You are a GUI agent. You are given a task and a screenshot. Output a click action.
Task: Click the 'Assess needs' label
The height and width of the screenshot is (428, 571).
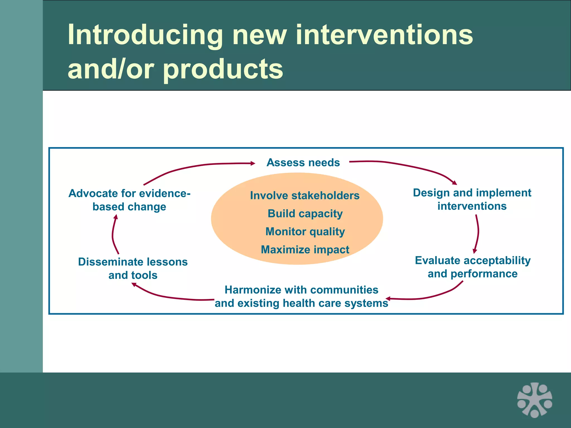303,162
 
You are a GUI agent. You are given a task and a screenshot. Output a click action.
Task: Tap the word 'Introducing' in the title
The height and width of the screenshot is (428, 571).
145,35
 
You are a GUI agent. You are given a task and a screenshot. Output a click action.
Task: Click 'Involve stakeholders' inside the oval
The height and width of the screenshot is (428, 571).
305,196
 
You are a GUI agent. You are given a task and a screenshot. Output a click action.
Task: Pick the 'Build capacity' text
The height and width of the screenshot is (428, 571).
305,214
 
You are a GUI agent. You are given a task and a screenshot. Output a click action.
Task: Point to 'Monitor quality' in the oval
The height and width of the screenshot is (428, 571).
305,232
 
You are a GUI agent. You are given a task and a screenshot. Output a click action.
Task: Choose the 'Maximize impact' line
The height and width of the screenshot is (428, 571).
305,250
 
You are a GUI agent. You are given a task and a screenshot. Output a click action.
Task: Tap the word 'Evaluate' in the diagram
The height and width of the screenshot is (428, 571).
437,261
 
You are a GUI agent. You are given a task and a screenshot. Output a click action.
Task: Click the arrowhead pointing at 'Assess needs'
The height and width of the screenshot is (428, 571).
253,163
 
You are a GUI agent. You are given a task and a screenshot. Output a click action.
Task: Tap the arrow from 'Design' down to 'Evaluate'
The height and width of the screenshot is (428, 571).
478,233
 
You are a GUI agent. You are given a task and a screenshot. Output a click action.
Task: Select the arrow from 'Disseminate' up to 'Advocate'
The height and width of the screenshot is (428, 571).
113,234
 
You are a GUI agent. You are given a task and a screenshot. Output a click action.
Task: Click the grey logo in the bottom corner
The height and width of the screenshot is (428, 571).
534,400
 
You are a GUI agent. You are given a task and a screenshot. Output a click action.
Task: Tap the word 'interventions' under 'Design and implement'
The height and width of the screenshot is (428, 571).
472,206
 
